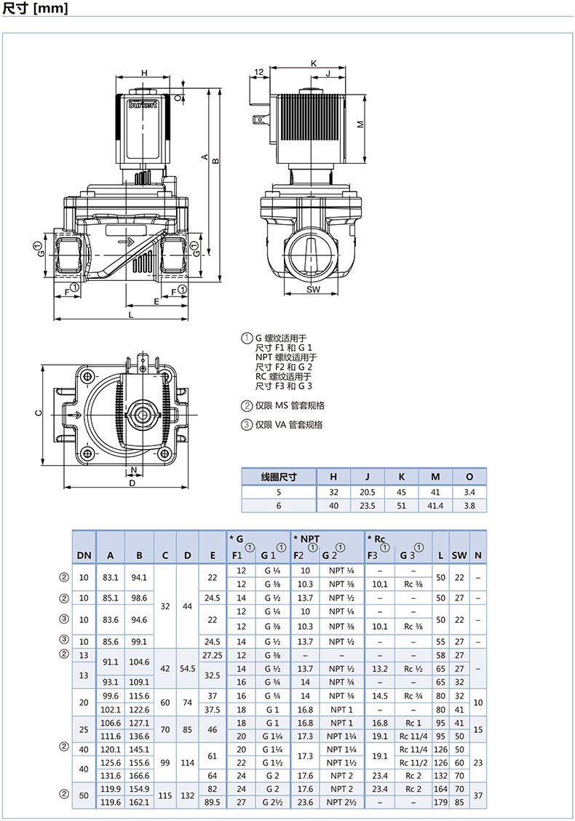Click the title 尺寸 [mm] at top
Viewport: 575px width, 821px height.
(x=35, y=8)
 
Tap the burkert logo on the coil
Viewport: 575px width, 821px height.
(x=143, y=105)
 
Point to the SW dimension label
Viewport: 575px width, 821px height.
(x=313, y=290)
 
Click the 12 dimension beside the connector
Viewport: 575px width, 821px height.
(x=259, y=72)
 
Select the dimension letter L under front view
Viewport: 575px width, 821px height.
(x=131, y=314)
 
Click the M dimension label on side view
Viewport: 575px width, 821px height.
(x=360, y=124)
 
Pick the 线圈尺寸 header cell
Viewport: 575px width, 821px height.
(x=279, y=477)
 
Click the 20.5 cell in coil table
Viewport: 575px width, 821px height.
(x=367, y=492)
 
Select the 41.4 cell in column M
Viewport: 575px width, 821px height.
(x=435, y=506)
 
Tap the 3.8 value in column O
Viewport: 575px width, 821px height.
(x=469, y=506)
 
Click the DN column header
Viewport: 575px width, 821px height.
(x=84, y=555)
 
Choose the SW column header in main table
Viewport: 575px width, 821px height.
(x=459, y=555)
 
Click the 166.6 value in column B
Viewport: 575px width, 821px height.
(x=139, y=776)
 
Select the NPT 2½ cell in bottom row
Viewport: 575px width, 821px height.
(x=341, y=802)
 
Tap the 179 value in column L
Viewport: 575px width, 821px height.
(x=440, y=802)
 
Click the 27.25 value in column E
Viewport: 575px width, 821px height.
(x=212, y=655)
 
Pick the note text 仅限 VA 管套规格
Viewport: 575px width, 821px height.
(x=290, y=424)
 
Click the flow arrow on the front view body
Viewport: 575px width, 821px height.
(x=127, y=242)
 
